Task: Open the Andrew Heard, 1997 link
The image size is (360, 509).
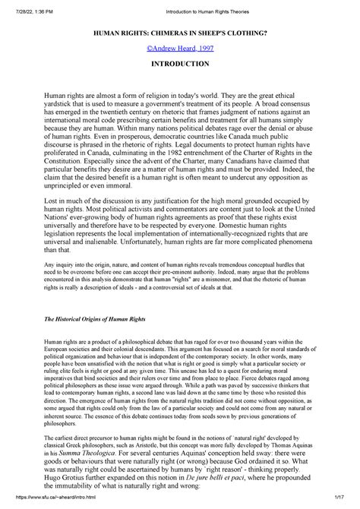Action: (x=179, y=49)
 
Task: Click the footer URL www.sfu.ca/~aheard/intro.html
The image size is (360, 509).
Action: (x=48, y=504)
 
